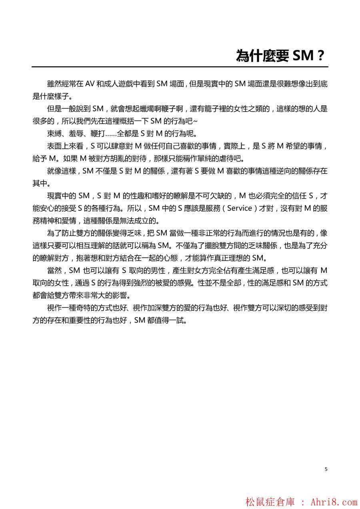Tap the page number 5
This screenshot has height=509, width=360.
pyautogui.click(x=326, y=469)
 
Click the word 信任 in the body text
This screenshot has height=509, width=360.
pyautogui.click(x=294, y=196)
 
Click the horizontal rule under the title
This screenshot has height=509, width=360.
pyautogui.click(x=180, y=67)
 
